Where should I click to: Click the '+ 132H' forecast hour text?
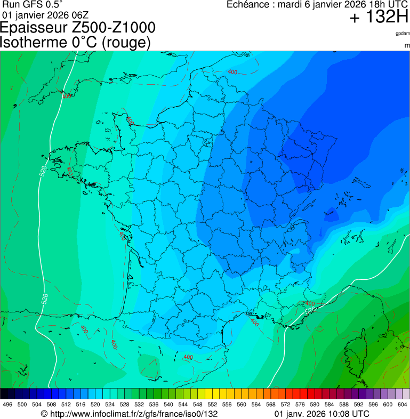379,18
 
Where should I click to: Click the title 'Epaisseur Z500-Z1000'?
78,28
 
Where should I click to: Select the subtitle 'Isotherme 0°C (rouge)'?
76,42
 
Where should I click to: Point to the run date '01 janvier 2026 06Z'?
46,14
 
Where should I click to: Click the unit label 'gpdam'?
403,33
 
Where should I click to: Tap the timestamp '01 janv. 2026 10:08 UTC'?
321,414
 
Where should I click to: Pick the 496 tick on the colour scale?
7,405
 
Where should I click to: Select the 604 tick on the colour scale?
403,405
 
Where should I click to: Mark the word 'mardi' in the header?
292,5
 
